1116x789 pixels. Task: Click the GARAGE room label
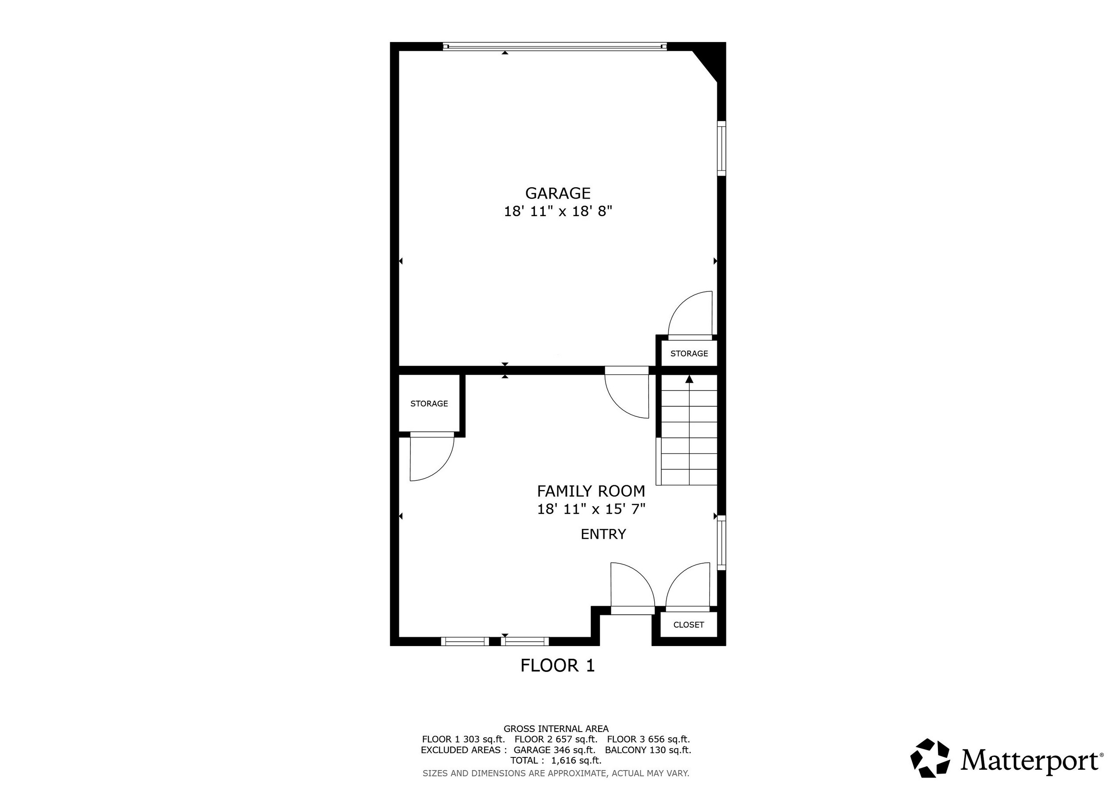click(557, 193)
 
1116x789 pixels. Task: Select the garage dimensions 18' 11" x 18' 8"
click(557, 211)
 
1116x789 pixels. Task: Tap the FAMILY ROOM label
click(591, 491)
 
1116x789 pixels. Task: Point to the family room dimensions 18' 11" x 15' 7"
click(591, 509)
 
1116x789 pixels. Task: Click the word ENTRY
click(603, 534)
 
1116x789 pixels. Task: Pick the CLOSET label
click(688, 625)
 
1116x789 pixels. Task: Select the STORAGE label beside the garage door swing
click(689, 354)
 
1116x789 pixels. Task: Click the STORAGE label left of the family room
click(429, 404)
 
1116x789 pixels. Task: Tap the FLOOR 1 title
click(557, 665)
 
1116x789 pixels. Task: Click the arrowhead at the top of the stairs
click(689, 379)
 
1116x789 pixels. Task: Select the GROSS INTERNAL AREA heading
click(556, 729)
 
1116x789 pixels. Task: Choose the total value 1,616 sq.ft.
click(576, 761)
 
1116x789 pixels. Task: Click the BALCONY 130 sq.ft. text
click(648, 750)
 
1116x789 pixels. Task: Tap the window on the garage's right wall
click(722, 148)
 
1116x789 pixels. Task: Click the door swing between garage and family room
click(627, 393)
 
